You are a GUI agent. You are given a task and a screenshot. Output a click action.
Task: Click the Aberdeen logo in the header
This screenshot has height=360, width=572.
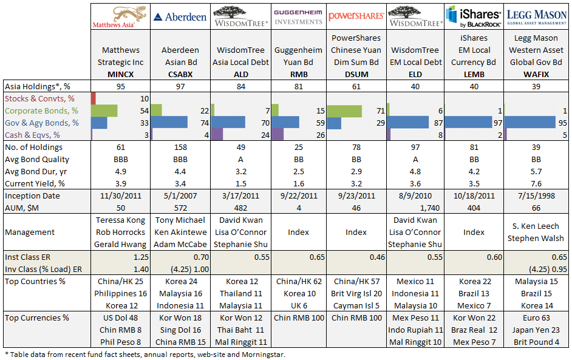tap(179, 16)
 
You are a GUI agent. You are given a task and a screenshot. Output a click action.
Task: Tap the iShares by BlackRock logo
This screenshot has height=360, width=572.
tap(474, 16)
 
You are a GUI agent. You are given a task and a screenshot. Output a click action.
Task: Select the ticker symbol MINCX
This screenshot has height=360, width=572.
tap(121, 73)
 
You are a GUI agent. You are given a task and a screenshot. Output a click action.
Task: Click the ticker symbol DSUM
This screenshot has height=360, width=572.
tap(356, 73)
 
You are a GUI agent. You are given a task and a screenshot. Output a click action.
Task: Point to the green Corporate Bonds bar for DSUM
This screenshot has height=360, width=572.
tap(344, 110)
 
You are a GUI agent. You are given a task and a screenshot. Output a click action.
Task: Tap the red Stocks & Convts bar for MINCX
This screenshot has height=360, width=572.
tap(94, 98)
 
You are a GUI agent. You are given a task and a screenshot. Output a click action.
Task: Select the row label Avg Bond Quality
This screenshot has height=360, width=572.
tap(37, 159)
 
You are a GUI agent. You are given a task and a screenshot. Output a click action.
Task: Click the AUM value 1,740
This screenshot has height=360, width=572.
tap(432, 208)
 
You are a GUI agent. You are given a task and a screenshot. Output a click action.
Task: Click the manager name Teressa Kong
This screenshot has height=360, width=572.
tap(121, 220)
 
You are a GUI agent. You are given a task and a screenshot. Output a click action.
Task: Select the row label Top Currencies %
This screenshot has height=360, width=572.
tap(36, 318)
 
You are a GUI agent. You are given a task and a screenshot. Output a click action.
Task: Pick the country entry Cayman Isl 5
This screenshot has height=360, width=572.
tap(356, 305)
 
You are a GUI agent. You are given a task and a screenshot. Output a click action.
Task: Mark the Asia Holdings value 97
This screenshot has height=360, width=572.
tap(179, 85)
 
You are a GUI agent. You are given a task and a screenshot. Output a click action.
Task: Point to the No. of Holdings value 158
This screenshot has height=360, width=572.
tap(179, 147)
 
